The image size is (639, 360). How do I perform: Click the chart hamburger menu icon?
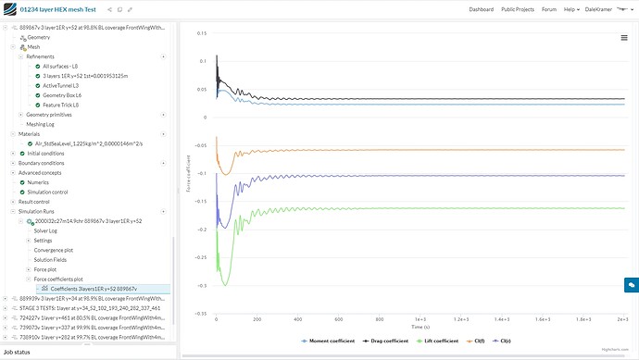click(x=624, y=38)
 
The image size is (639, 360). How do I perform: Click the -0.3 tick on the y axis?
click(x=201, y=286)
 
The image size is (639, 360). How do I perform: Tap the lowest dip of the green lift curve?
click(x=219, y=272)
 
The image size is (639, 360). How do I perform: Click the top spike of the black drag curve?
click(x=216, y=56)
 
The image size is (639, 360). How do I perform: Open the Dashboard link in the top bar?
click(x=481, y=9)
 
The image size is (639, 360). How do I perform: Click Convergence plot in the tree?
click(x=53, y=249)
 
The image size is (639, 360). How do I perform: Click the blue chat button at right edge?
click(x=631, y=286)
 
